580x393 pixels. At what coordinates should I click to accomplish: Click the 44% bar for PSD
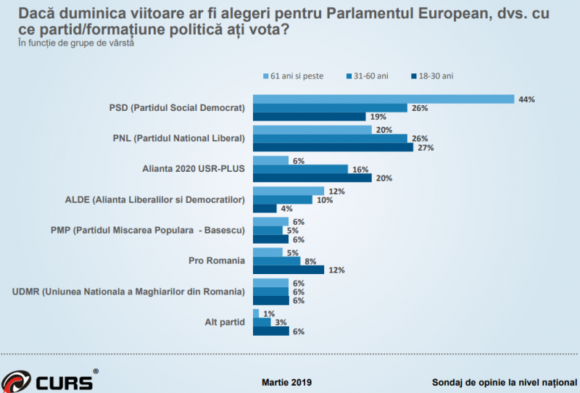point(383,99)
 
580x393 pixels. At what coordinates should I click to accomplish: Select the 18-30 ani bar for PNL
point(332,147)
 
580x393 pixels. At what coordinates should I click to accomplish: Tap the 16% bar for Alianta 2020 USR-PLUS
point(299,168)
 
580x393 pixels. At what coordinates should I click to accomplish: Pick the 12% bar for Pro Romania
point(287,270)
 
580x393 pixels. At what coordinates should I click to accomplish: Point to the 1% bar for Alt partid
point(254,313)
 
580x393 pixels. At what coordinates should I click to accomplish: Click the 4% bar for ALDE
point(264,209)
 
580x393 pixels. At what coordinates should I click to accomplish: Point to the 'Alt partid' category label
point(225,321)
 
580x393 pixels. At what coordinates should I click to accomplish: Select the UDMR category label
point(129,291)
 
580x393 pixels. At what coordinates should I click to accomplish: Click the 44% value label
point(526,99)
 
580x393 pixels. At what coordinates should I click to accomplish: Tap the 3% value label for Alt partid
point(278,322)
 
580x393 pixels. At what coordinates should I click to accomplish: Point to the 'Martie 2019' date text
point(287,381)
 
